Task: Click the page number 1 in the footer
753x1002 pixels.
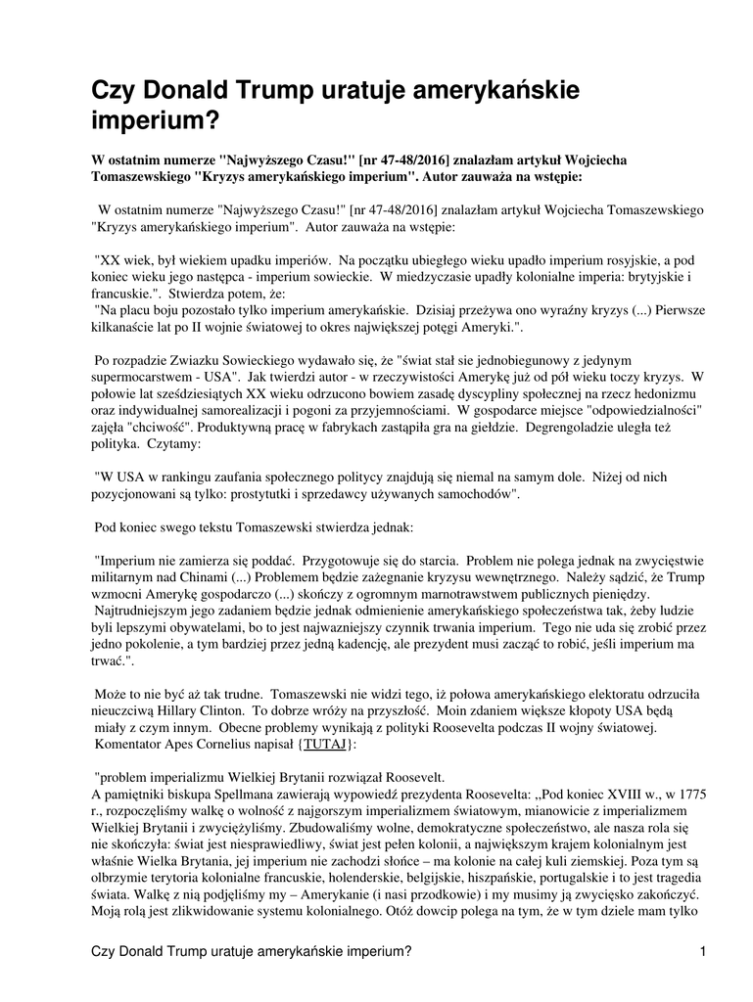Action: point(703,951)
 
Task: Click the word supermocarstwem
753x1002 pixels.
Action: point(147,375)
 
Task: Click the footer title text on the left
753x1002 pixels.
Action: point(251,952)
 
